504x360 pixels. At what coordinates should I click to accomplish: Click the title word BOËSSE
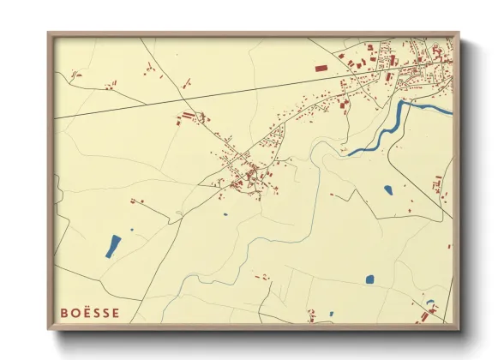[90, 313]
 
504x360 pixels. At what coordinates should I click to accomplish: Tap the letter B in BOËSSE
[64, 313]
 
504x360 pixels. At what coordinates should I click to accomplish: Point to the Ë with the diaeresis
[86, 312]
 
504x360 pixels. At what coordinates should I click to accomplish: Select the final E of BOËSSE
[116, 313]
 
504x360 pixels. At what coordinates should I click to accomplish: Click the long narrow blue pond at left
[113, 246]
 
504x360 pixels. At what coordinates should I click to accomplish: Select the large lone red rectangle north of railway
[321, 66]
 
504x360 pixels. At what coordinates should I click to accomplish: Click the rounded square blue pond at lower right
[369, 279]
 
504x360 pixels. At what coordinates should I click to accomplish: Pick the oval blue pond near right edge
[388, 189]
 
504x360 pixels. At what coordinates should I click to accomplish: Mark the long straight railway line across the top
[214, 92]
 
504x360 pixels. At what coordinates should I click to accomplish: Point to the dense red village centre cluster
[249, 176]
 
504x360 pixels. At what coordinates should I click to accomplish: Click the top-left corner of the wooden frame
[49, 33]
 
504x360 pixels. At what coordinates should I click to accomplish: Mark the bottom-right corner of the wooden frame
[458, 328]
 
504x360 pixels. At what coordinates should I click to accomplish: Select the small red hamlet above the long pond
[136, 201]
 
